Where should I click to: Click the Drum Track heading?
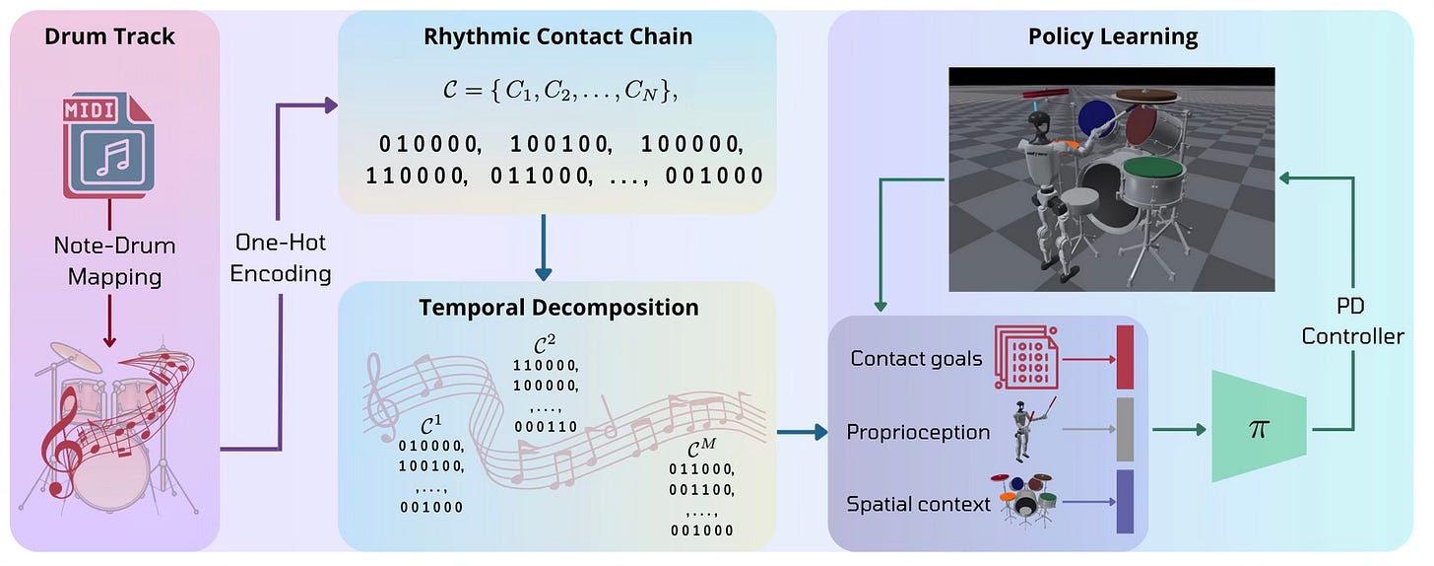[109, 37]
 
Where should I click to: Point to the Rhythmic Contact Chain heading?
[557, 37]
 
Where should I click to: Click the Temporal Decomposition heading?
[558, 307]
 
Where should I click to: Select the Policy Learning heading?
[1113, 37]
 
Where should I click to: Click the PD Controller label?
[1352, 321]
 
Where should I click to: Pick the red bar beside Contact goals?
[1126, 357]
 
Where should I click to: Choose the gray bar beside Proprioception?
[1126, 430]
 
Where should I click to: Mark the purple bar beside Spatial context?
[1126, 502]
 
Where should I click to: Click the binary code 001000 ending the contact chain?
[714, 177]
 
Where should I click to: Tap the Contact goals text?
[916, 358]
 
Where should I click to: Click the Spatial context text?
[918, 504]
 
